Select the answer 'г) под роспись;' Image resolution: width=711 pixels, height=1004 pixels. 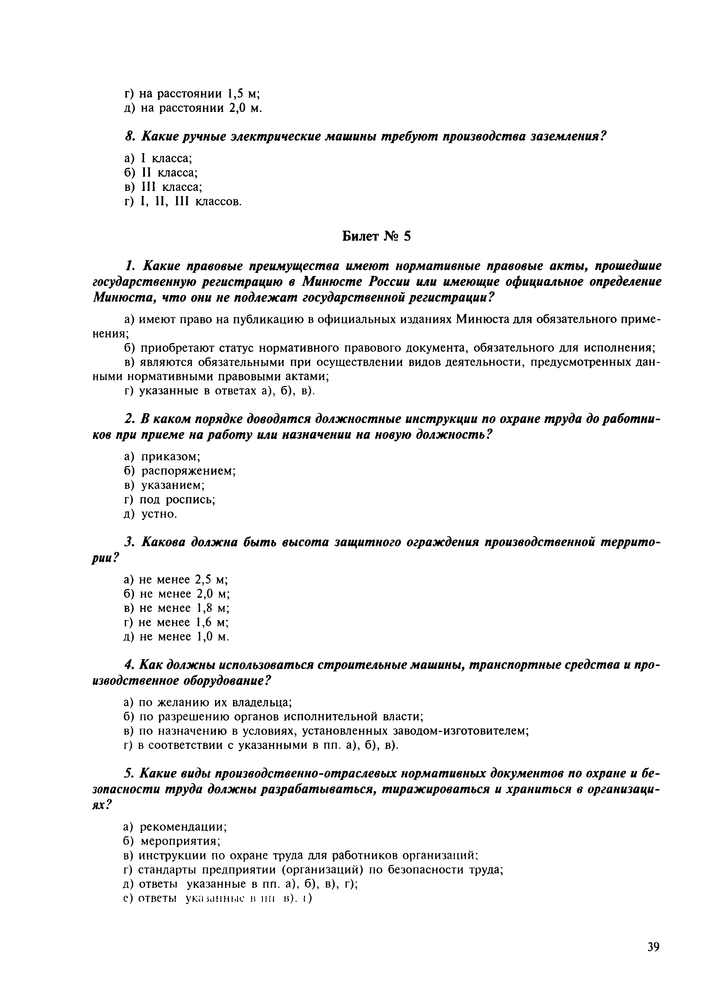pos(170,500)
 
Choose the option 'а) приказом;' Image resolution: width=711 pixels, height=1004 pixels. pos(162,457)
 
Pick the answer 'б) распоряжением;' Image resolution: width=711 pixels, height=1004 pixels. pos(180,471)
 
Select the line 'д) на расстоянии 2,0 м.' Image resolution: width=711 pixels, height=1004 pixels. pos(193,108)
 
